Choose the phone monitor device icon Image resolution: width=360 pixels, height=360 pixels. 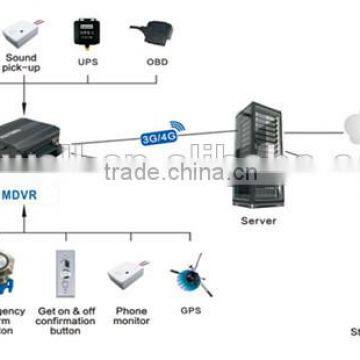tap(130, 272)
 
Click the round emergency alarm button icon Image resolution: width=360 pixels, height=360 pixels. tap(11, 275)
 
